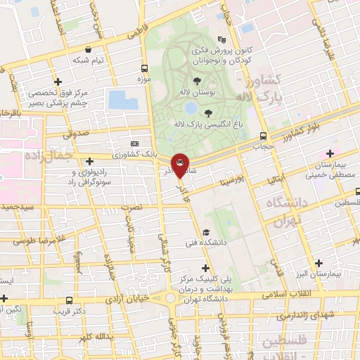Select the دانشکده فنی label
click(233, 243)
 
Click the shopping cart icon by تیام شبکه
click(88, 50)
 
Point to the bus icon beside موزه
click(143, 68)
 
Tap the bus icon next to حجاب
click(262, 136)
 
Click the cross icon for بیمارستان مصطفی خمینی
click(330, 153)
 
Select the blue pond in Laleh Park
click(191, 108)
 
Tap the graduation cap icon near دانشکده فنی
click(206, 233)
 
